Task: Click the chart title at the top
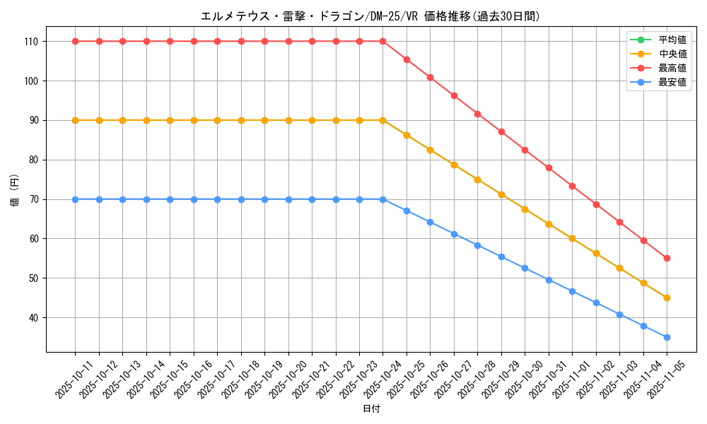click(370, 16)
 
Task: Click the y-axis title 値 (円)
click(15, 191)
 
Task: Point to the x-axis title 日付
click(371, 409)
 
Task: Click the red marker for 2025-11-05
click(667, 259)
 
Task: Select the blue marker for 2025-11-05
click(667, 338)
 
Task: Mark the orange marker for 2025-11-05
click(667, 298)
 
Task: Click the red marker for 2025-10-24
click(382, 41)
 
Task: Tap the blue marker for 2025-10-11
click(75, 199)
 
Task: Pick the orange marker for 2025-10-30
click(525, 209)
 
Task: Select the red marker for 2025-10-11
click(75, 41)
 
